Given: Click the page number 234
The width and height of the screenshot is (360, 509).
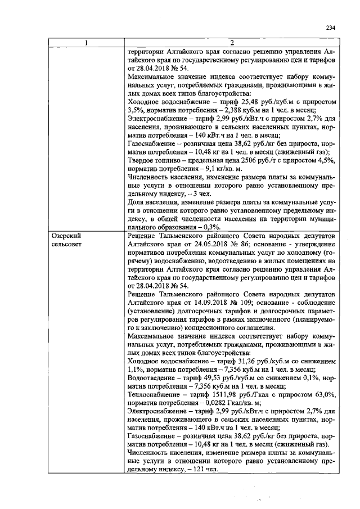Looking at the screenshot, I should pyautogui.click(x=330, y=29).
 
